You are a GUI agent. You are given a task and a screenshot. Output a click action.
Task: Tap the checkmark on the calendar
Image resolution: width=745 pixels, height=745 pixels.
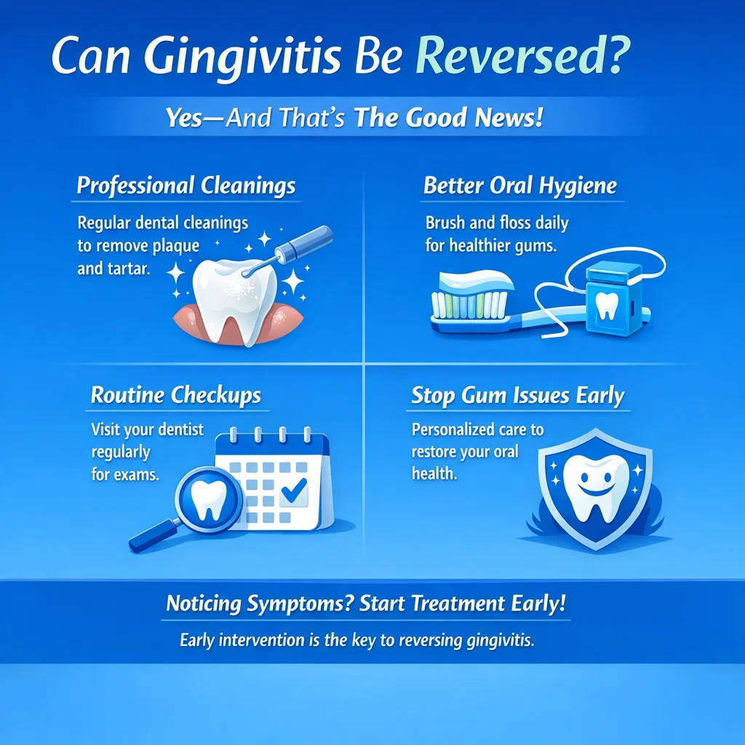[293, 493]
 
